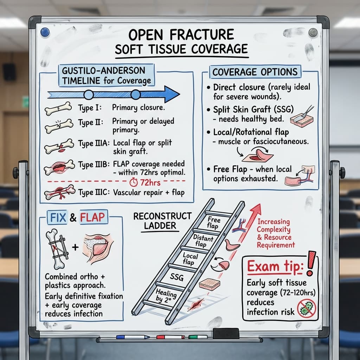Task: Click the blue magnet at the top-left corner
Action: tap(44, 32)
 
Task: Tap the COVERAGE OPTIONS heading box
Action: tap(255, 72)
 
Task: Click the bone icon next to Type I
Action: tap(58, 109)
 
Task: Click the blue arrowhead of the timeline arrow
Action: tap(171, 94)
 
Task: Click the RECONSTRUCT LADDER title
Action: tap(162, 221)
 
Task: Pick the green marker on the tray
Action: tap(198, 337)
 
